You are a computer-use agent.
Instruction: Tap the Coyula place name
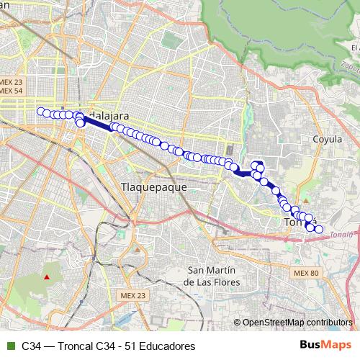(328, 138)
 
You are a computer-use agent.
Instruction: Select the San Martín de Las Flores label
(212, 276)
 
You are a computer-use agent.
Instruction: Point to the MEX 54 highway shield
(13, 91)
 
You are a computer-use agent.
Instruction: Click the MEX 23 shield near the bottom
(132, 296)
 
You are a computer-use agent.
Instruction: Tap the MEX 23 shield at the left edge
(13, 82)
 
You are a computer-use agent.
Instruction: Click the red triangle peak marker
(47, 276)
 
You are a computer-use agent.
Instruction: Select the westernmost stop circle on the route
(41, 112)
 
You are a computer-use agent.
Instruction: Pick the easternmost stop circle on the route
(319, 230)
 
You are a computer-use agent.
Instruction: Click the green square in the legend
(10, 346)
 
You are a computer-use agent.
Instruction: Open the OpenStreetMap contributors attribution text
(297, 323)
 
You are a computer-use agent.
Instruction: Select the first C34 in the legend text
(32, 346)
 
